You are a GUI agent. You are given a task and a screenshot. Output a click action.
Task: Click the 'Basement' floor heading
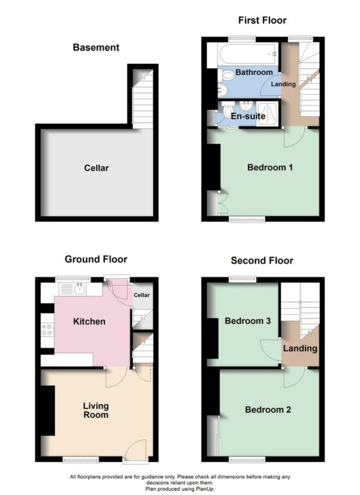[x=96, y=47]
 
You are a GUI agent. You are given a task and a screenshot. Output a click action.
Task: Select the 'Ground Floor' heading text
[x=96, y=259]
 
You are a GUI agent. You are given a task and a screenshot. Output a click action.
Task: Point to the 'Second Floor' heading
[x=262, y=261]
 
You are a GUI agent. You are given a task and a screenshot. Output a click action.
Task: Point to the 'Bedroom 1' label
[x=270, y=167]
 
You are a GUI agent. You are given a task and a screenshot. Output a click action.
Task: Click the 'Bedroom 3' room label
[x=247, y=321]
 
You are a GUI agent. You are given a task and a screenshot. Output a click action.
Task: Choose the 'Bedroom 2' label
[x=267, y=410]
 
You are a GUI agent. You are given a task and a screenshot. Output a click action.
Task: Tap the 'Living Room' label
[x=96, y=410]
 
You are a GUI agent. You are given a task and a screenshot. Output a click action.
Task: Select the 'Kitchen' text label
[x=89, y=322]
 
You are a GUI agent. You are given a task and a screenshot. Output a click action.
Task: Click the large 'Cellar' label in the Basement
[x=97, y=168]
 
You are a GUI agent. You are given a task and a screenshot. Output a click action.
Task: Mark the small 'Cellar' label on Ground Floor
[x=142, y=295]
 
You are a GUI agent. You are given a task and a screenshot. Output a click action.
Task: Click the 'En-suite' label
[x=248, y=116]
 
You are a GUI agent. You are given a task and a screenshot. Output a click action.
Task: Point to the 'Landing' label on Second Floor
[x=300, y=349]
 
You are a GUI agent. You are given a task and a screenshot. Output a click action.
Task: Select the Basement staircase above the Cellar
[x=143, y=100]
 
